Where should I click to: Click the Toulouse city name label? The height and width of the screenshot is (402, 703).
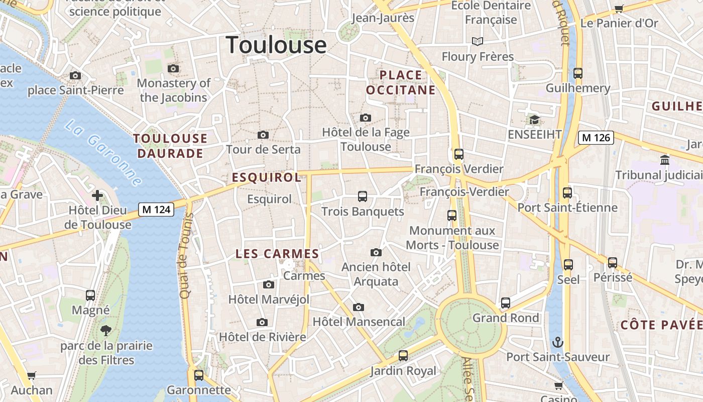(x=276, y=45)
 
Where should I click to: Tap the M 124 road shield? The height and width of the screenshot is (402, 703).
(x=156, y=209)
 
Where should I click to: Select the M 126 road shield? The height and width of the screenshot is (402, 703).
(x=596, y=137)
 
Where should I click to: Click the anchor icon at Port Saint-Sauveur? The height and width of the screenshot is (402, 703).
(x=557, y=343)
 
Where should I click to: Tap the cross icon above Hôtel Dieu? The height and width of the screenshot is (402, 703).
(x=97, y=195)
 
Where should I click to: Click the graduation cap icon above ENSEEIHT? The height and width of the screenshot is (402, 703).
(x=534, y=120)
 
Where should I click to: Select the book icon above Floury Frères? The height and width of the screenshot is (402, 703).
(x=477, y=41)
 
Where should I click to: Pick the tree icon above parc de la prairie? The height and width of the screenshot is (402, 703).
(x=105, y=331)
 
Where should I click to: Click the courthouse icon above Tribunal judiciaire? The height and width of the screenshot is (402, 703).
(x=665, y=160)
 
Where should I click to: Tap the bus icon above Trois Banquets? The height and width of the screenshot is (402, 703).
(x=362, y=196)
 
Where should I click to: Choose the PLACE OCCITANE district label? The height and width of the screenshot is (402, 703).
(x=401, y=82)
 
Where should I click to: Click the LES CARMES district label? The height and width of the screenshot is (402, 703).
(x=277, y=254)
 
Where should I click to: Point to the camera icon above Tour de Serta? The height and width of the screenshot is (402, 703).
(x=263, y=135)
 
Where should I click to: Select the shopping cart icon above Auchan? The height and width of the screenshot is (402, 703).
(x=31, y=375)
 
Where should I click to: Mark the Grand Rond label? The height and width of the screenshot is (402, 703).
(x=505, y=318)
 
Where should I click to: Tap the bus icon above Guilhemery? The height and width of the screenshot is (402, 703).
(x=577, y=73)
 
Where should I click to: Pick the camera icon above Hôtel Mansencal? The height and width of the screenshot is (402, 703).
(x=358, y=307)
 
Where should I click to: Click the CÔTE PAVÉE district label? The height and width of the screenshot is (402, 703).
(x=661, y=325)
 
